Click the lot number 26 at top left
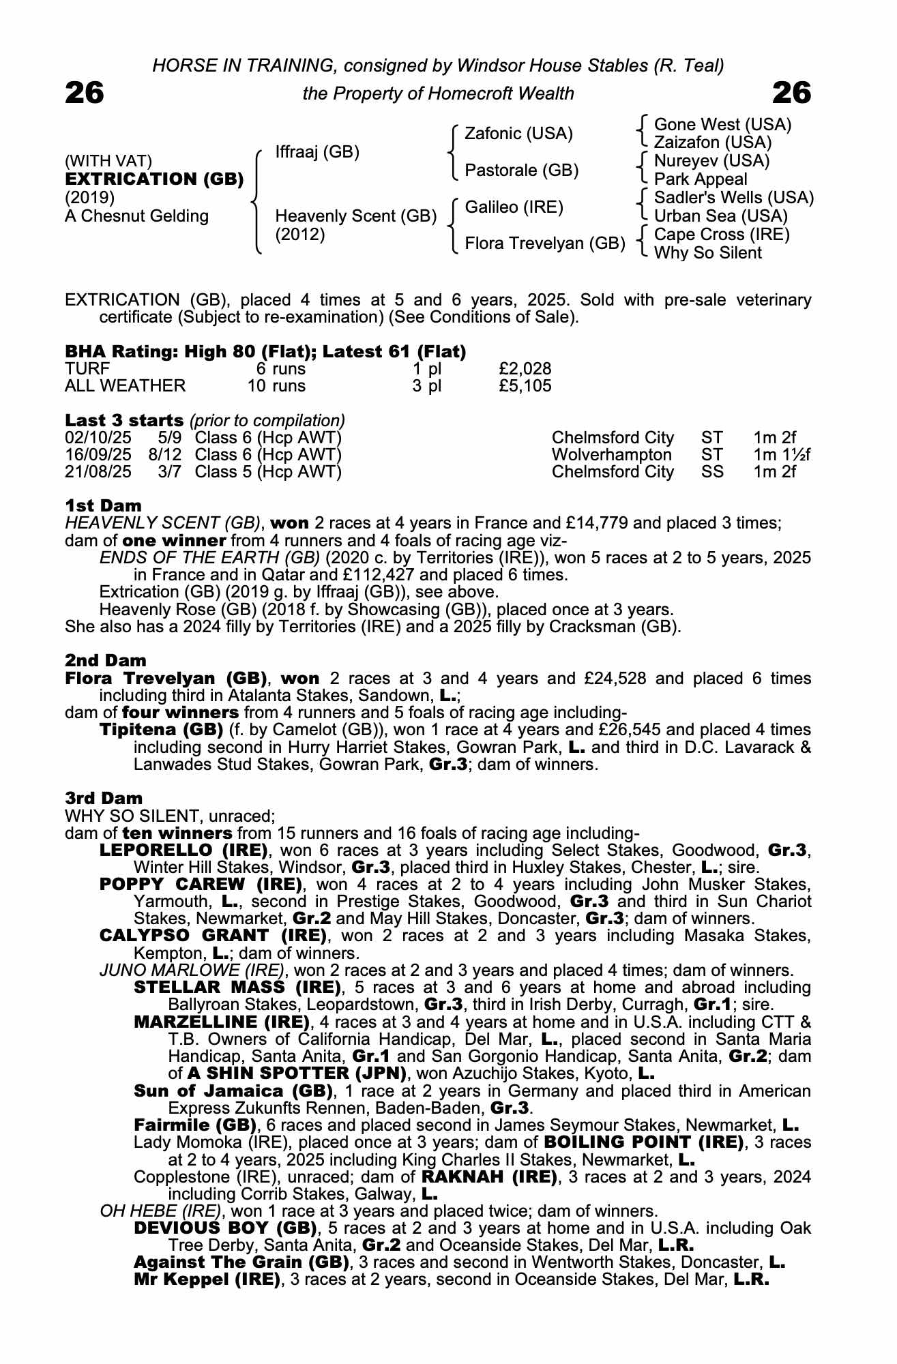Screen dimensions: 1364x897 click(x=85, y=93)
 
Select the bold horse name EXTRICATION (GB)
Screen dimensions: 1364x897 click(x=154, y=179)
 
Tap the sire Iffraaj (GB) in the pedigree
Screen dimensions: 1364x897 click(x=317, y=151)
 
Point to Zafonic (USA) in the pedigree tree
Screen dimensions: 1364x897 click(x=518, y=134)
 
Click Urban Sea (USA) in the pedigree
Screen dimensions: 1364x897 click(x=720, y=216)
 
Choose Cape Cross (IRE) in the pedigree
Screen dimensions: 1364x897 click(x=722, y=235)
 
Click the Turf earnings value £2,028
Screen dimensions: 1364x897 click(x=525, y=369)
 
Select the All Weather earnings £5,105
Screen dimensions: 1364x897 click(x=525, y=386)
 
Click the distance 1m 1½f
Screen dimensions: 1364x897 click(x=782, y=455)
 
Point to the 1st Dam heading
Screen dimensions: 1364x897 click(x=103, y=506)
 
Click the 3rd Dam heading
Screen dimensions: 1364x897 click(x=104, y=798)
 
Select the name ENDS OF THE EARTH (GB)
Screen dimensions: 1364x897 click(x=209, y=558)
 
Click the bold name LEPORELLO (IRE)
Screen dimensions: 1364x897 click(x=183, y=850)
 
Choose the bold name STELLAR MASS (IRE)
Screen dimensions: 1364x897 click(x=237, y=988)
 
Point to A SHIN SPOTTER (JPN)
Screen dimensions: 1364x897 click(x=297, y=1073)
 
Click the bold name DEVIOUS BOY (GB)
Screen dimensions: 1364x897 click(x=225, y=1228)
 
